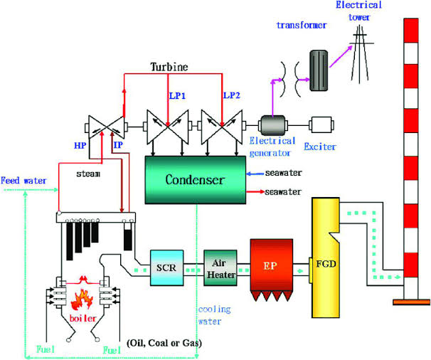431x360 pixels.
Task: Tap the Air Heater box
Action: click(219, 268)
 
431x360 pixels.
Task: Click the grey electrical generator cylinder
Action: click(271, 126)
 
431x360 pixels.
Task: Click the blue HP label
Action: click(79, 144)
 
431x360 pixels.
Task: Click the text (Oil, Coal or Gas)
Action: click(164, 344)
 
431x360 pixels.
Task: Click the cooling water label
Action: click(213, 315)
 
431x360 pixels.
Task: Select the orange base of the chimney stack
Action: click(410, 301)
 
